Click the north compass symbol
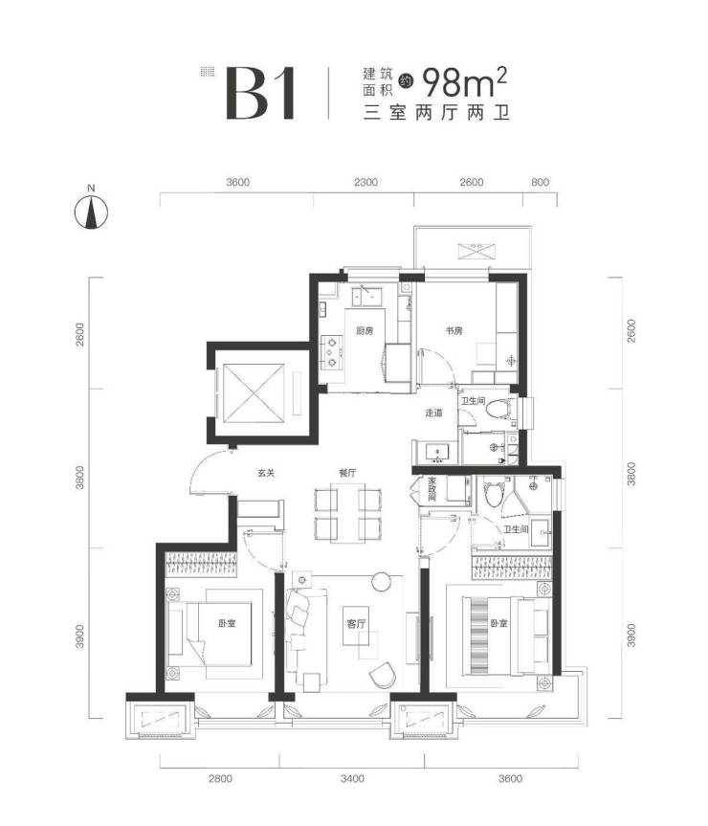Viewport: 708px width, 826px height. pyautogui.click(x=91, y=212)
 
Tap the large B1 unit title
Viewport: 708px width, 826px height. pyautogui.click(x=260, y=93)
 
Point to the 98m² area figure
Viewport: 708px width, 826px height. pyautogui.click(x=464, y=82)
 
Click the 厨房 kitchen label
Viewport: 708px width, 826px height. pyautogui.click(x=365, y=331)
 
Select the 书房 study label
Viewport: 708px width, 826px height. pyautogui.click(x=454, y=331)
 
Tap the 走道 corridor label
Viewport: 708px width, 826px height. pyautogui.click(x=433, y=413)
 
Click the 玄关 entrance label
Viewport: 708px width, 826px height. pyautogui.click(x=266, y=473)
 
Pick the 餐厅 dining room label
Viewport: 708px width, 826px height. pyautogui.click(x=347, y=473)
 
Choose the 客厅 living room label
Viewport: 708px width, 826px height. pyautogui.click(x=356, y=624)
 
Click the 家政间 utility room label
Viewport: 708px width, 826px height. pyautogui.click(x=432, y=489)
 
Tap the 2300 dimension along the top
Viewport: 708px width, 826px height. pyautogui.click(x=365, y=182)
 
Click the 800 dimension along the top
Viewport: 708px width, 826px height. pyautogui.click(x=540, y=182)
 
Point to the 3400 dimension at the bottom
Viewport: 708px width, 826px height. pyautogui.click(x=352, y=778)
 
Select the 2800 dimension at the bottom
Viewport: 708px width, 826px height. pyautogui.click(x=220, y=778)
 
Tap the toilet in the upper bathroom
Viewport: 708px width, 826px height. pyautogui.click(x=498, y=409)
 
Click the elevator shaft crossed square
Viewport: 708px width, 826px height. pyautogui.click(x=254, y=393)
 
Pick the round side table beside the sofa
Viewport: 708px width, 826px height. pyautogui.click(x=381, y=581)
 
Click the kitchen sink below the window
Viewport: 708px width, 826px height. pyautogui.click(x=370, y=296)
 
